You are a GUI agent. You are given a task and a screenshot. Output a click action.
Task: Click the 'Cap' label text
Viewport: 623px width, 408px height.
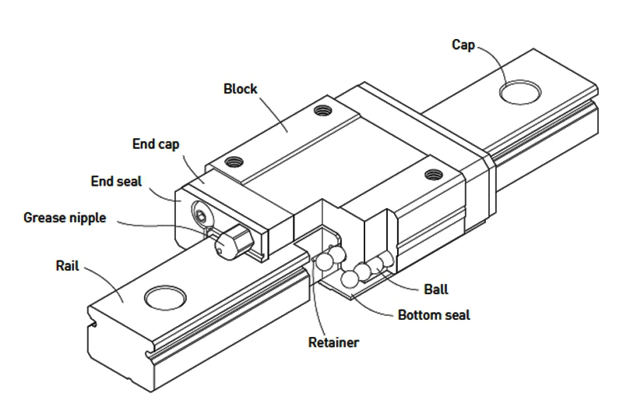[x=464, y=44]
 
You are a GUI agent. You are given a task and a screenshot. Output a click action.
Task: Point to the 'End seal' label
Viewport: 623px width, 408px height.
[x=117, y=181]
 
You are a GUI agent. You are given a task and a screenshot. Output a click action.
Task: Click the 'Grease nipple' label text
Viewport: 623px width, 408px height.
[x=65, y=217]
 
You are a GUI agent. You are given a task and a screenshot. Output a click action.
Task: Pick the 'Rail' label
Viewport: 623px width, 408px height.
[x=66, y=265]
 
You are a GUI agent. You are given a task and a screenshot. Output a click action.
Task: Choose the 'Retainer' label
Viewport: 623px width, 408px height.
[x=333, y=342]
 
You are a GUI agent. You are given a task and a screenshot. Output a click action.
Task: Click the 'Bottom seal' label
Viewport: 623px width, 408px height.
[x=434, y=315]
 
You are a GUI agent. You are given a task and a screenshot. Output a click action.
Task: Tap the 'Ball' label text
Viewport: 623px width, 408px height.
[x=436, y=289]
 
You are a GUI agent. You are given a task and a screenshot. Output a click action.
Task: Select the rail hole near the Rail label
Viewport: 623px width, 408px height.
[x=166, y=297]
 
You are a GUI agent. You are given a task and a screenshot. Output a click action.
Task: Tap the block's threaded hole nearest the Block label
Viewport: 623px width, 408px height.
[x=319, y=111]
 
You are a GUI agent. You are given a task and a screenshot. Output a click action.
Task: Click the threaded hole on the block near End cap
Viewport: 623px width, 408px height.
[x=231, y=163]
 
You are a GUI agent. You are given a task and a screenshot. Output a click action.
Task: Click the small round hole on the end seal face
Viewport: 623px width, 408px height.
[x=202, y=215]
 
